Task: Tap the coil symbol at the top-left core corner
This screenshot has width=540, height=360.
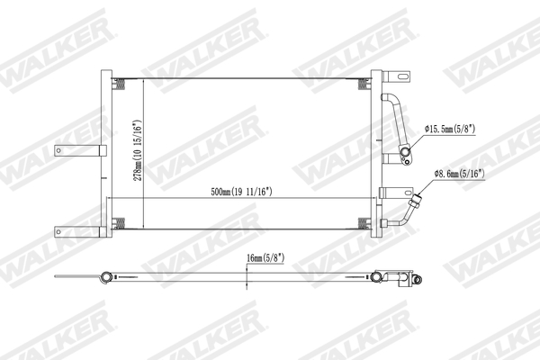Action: tap(118, 85)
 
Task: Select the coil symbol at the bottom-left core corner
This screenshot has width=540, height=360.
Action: tap(118, 221)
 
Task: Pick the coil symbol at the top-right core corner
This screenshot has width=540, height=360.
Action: tap(362, 85)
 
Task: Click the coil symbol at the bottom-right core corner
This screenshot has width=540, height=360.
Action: tap(362, 221)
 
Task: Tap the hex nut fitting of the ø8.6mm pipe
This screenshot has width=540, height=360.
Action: tap(418, 194)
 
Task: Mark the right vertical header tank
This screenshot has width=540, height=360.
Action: tap(376, 153)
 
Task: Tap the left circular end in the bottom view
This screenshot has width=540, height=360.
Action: tap(106, 277)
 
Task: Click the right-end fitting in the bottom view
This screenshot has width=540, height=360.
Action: tap(417, 280)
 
